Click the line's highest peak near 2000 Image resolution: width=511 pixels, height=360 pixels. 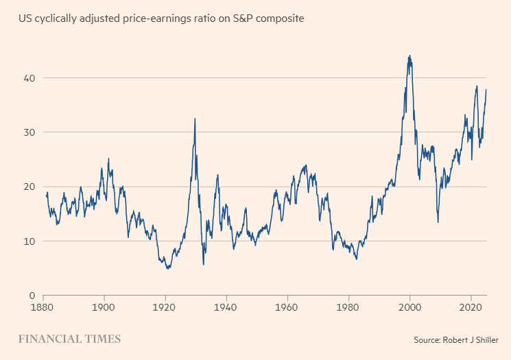coord(409,56)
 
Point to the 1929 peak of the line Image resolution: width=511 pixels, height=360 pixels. coord(195,119)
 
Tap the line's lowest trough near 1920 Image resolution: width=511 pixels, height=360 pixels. coord(168,268)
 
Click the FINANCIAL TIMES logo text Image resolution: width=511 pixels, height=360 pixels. coord(69,339)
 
